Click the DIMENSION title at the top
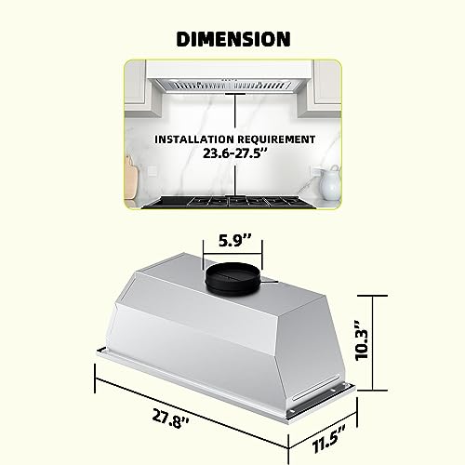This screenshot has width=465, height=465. pyautogui.click(x=232, y=39)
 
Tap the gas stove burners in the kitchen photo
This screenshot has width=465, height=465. pyautogui.click(x=232, y=201)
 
